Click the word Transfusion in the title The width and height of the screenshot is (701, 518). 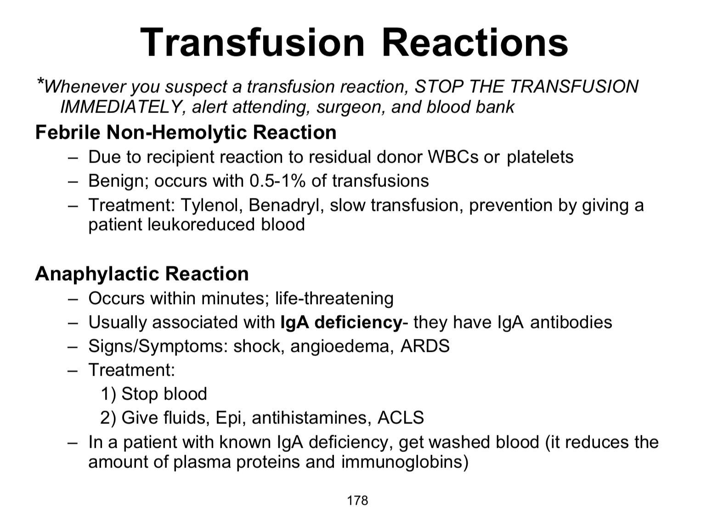coord(252,42)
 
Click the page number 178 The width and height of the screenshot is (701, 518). coord(357,501)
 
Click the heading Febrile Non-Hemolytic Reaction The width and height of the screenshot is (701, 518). coord(186,132)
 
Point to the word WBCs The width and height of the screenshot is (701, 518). coord(453,157)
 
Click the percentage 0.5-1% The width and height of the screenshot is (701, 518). coord(277,181)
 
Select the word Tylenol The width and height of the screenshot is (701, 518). coord(212,205)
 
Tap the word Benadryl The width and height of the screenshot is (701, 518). coord(286,205)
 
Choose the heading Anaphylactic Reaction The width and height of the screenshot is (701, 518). coord(142,273)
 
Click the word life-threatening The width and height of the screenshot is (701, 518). coord(334,298)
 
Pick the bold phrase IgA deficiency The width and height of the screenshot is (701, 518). coord(341,322)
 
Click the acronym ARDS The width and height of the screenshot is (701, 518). coord(425,346)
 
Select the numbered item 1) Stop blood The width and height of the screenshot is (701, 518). coord(154,394)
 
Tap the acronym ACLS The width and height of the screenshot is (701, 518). coord(401,417)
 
